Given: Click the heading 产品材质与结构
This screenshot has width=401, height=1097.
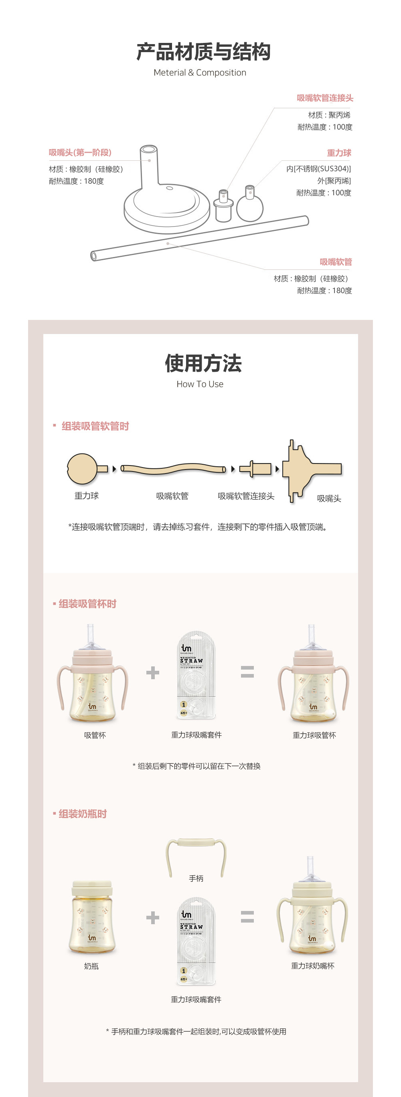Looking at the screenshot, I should click(x=203, y=52).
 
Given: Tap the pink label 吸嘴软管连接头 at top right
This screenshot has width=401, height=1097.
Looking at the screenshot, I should click(x=325, y=98).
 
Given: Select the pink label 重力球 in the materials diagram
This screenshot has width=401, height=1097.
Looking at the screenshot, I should click(x=339, y=153).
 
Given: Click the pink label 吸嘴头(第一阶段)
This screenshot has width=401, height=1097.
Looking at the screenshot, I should click(x=80, y=152).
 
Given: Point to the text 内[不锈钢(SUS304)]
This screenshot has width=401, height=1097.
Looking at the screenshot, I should click(x=318, y=169).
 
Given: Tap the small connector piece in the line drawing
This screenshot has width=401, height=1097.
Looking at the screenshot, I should click(x=223, y=206).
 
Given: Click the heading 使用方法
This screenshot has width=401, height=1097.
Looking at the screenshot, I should click(x=203, y=363).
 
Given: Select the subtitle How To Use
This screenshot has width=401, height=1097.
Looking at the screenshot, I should click(x=200, y=384).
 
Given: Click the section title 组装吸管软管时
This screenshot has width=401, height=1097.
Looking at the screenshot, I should click(x=95, y=426).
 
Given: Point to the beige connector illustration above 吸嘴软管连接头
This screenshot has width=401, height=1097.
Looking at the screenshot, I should click(x=256, y=469).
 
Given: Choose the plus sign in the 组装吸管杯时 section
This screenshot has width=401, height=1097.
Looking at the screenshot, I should click(x=152, y=672).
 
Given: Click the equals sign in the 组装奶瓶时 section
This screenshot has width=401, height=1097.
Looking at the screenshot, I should click(x=247, y=917).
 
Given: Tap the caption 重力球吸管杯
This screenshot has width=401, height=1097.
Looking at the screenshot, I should click(x=314, y=735).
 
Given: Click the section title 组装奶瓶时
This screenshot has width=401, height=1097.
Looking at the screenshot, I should click(x=82, y=814).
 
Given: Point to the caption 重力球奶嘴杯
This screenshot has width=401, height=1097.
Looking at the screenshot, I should click(x=312, y=966).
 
